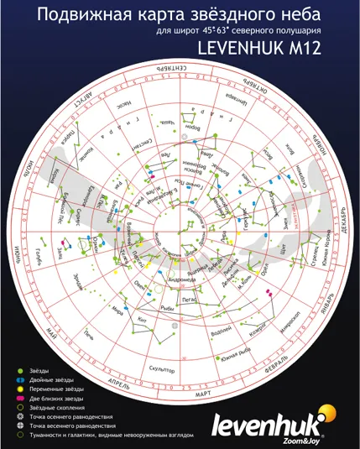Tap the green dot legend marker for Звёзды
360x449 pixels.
coord(18,370)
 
